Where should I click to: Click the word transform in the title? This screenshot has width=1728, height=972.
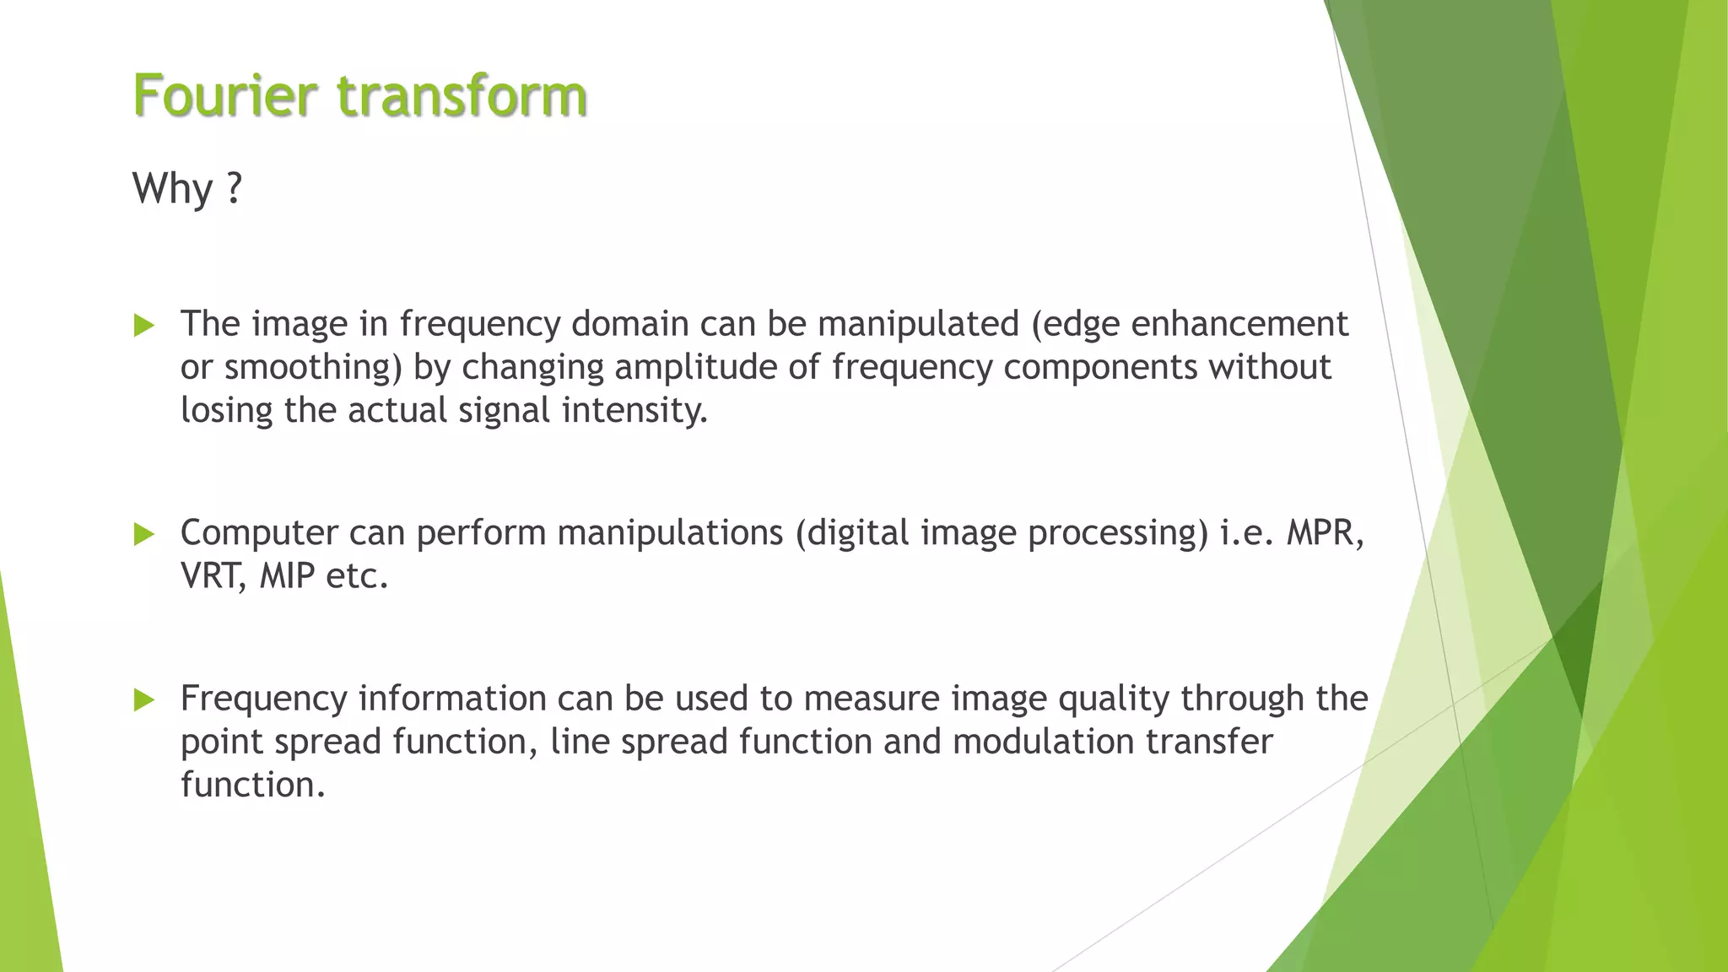coord(462,94)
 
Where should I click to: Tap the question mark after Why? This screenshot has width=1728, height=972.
coord(235,187)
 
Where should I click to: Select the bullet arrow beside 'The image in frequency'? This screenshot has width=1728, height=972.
coord(144,325)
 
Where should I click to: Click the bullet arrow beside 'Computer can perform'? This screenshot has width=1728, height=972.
coord(144,533)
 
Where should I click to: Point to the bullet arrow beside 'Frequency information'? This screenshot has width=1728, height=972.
coord(144,699)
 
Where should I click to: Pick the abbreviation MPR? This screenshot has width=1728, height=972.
coord(1323,533)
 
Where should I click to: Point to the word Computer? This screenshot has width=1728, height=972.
coord(258,533)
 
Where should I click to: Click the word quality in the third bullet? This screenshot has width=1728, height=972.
coord(1113,699)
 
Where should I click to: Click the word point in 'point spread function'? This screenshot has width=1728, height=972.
coord(222,742)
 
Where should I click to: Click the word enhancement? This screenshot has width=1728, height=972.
coord(1239,324)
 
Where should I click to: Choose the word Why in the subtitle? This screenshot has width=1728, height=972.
coord(172,187)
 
